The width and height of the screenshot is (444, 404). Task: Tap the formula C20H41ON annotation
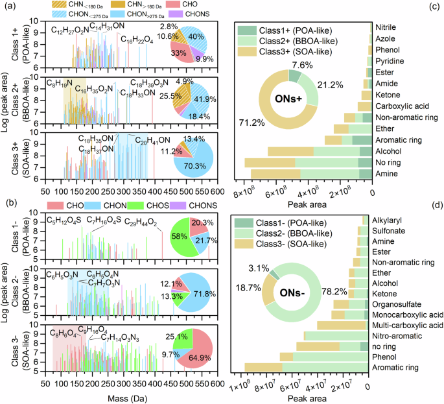coord(152,141)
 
